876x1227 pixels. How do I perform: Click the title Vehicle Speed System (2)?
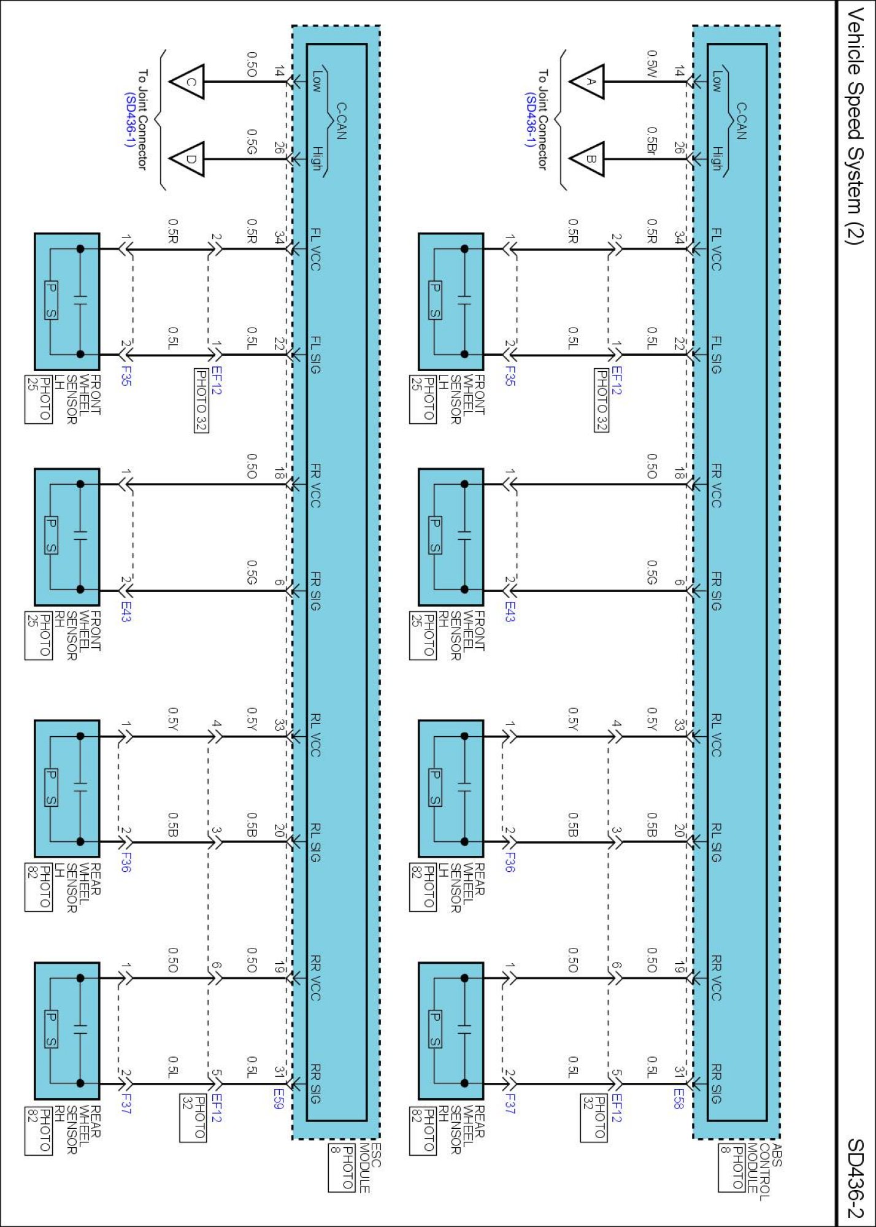click(855, 126)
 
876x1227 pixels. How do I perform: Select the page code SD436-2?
click(855, 1178)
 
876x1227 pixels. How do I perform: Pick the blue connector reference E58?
click(678, 1099)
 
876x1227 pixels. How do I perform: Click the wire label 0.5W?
click(651, 64)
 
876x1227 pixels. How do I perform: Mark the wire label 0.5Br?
click(651, 140)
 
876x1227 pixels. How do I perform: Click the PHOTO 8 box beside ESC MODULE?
click(342, 1168)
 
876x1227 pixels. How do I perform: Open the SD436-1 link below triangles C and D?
click(129, 120)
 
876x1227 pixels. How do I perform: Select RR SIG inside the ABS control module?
click(716, 1083)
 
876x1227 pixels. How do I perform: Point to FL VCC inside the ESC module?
click(315, 249)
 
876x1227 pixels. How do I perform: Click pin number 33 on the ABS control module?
click(678, 725)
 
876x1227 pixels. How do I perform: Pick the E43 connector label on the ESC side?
click(125, 611)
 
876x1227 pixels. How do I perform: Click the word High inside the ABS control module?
click(716, 158)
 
